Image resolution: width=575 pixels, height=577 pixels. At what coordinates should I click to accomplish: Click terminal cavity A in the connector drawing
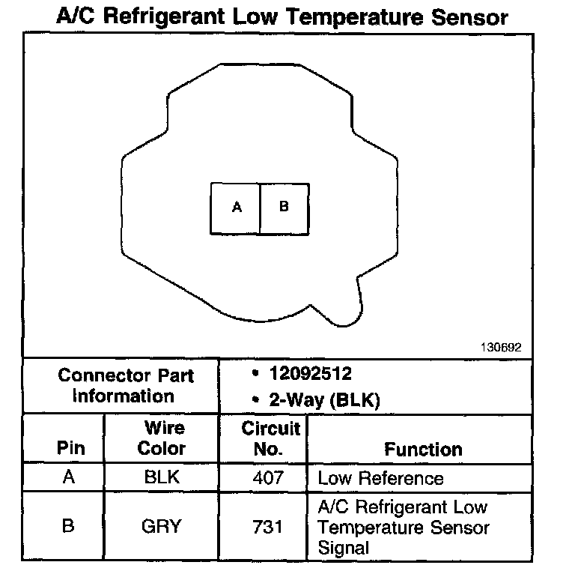pyautogui.click(x=237, y=208)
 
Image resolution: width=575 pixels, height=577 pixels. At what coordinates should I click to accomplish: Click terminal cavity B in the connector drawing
pyautogui.click(x=284, y=208)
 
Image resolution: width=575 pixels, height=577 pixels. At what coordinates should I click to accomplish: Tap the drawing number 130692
pyautogui.click(x=501, y=348)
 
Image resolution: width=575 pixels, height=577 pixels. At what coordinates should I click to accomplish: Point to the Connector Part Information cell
pyautogui.click(x=125, y=386)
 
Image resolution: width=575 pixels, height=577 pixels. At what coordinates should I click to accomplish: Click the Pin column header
pyautogui.click(x=71, y=449)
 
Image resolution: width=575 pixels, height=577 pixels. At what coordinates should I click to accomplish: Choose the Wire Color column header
pyautogui.click(x=163, y=439)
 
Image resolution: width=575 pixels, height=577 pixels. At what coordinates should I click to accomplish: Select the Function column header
pyautogui.click(x=423, y=450)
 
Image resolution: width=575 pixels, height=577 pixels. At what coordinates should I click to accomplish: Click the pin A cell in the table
pyautogui.click(x=69, y=478)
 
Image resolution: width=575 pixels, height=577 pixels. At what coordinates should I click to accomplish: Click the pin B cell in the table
pyautogui.click(x=68, y=526)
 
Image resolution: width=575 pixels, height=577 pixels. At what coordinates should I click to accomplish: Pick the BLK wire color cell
pyautogui.click(x=162, y=478)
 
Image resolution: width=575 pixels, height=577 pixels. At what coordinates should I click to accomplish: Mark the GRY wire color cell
pyautogui.click(x=162, y=526)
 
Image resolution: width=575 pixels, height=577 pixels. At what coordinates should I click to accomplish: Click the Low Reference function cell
pyautogui.click(x=381, y=478)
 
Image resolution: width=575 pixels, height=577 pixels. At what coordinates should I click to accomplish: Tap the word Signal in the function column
pyautogui.click(x=344, y=548)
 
